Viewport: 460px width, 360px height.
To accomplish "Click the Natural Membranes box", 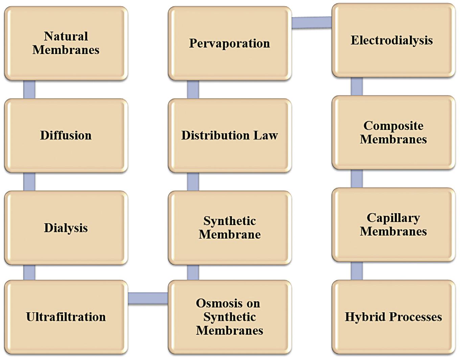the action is [66, 43].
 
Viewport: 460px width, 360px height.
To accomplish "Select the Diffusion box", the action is [66, 135].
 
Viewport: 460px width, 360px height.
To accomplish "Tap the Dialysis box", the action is [66, 227].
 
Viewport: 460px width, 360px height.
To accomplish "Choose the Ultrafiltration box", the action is [66, 317].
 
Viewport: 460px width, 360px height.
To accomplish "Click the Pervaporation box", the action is [229, 43].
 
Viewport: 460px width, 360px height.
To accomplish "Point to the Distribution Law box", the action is [229, 135].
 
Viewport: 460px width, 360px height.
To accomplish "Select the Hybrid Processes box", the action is [393, 317].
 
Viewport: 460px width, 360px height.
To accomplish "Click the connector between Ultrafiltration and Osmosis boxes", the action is [148, 298].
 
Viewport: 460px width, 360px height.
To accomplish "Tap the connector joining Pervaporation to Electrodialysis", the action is [312, 23].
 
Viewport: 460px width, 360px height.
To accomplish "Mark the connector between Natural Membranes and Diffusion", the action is [29, 90].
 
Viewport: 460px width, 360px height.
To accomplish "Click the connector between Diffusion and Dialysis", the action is [29, 182].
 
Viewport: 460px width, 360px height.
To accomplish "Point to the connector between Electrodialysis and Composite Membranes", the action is [356, 87].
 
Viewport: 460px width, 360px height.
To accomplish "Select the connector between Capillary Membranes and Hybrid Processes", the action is [356, 271].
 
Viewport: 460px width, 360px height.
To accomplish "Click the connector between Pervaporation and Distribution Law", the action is [193, 90].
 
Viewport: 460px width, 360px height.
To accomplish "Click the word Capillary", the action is [393, 218].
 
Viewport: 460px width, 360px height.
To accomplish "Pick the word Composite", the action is [393, 126].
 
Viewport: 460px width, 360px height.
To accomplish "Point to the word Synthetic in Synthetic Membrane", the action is [229, 221].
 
